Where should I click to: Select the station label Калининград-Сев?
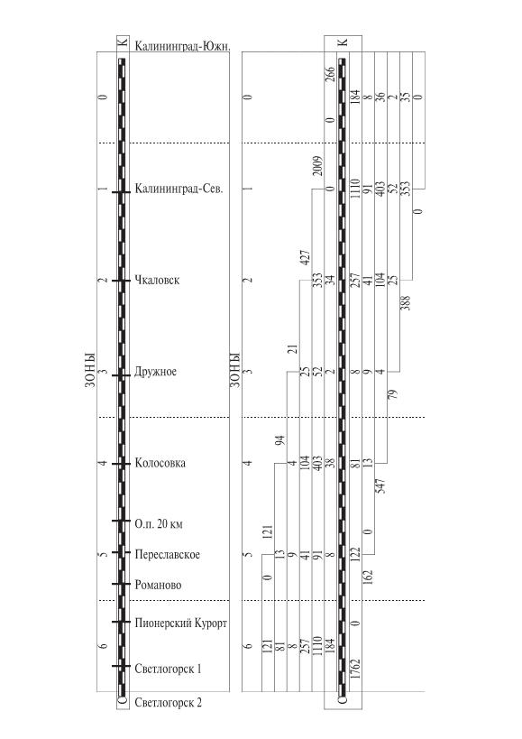click(x=179, y=189)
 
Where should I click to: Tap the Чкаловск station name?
click(x=157, y=280)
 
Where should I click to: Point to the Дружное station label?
click(x=156, y=372)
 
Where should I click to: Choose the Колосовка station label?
click(x=160, y=463)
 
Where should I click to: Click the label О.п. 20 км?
click(x=159, y=523)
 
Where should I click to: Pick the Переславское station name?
click(x=167, y=554)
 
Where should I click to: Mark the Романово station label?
click(x=158, y=585)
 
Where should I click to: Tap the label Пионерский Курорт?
click(x=180, y=624)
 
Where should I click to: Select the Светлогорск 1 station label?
click(x=168, y=669)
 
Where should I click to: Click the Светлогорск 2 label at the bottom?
click(x=168, y=702)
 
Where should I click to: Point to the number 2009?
click(x=318, y=166)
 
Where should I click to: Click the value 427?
click(x=306, y=257)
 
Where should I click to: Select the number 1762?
click(x=355, y=669)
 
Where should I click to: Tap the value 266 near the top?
click(x=331, y=75)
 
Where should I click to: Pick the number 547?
click(x=380, y=486)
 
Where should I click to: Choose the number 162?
click(x=368, y=577)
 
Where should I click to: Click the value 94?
click(x=280, y=440)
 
